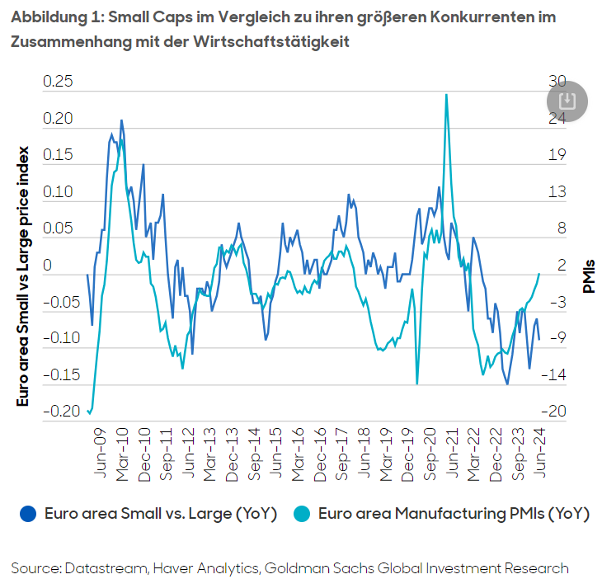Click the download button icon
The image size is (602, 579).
coord(567,101)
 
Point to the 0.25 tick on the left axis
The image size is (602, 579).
coord(58,82)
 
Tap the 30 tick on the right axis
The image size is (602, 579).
coord(557,82)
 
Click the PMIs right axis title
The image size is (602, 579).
coord(589,275)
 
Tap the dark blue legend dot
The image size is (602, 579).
coord(30,513)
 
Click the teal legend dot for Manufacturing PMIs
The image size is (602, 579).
coord(303,513)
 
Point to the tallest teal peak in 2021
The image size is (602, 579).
coord(446,95)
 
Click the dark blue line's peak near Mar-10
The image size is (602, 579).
coord(121,120)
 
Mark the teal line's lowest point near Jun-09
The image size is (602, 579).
coord(90,411)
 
